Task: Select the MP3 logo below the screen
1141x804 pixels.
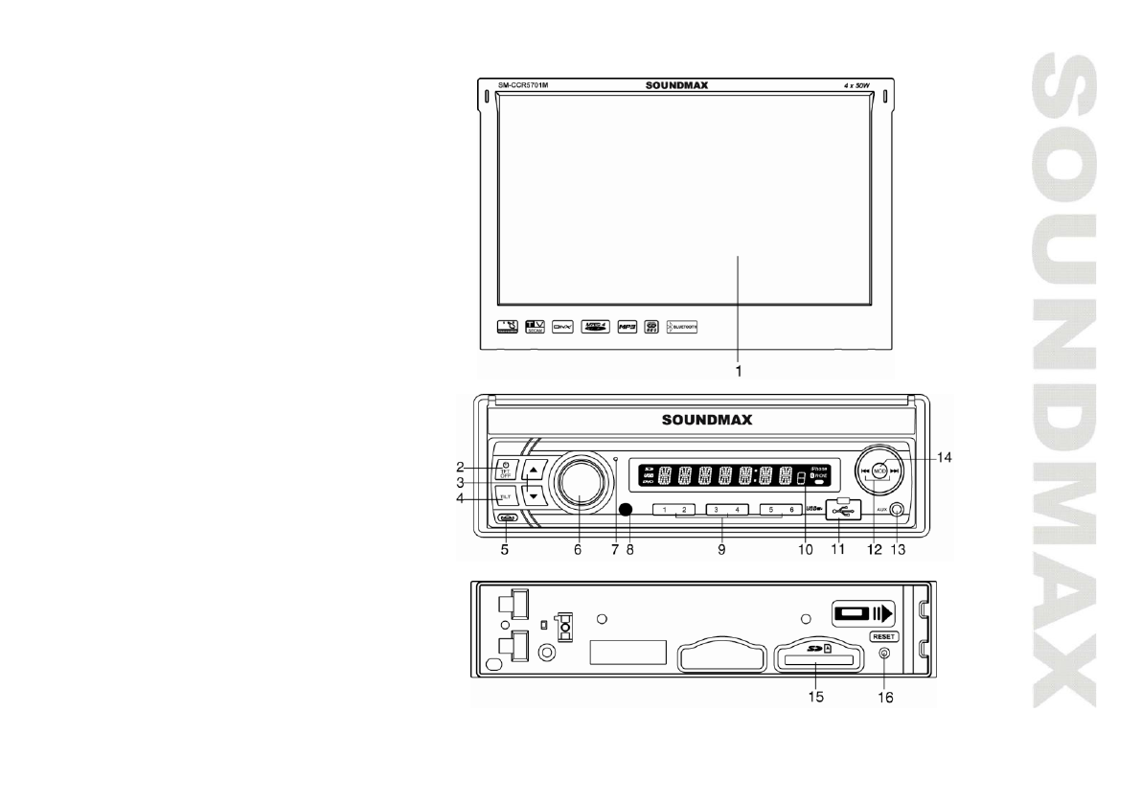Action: pos(628,326)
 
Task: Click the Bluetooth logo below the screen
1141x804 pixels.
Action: pos(683,326)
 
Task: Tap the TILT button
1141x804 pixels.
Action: pos(504,495)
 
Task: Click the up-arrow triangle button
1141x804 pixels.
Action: pos(534,470)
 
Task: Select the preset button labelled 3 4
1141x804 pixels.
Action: pos(726,510)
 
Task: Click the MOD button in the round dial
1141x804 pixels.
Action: pos(879,470)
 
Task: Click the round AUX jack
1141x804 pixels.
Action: pos(896,511)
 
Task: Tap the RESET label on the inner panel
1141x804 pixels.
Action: pos(883,635)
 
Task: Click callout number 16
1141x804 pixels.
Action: pos(883,699)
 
